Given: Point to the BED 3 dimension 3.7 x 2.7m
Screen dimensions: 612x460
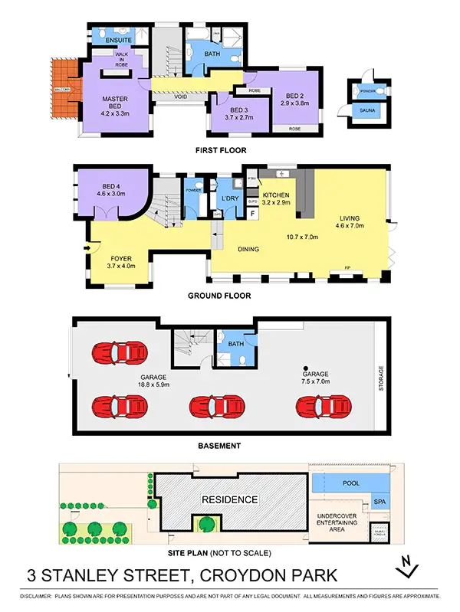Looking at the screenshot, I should [x=238, y=117].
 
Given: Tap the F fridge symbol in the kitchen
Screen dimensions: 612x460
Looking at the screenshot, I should [x=252, y=214].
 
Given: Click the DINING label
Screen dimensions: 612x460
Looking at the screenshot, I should [x=248, y=249].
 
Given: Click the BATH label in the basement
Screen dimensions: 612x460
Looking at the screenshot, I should [x=237, y=344].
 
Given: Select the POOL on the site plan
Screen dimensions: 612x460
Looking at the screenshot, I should [x=351, y=484].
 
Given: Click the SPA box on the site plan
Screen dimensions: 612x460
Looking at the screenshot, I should [x=379, y=502].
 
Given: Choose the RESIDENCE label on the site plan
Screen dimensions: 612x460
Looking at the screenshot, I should [x=229, y=499].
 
